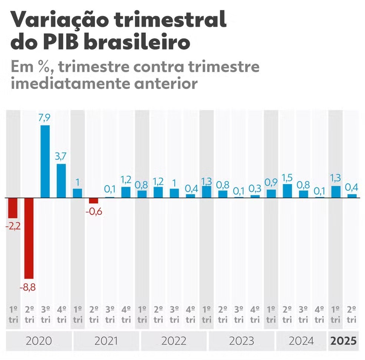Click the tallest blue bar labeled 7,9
(x=45, y=161)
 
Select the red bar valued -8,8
(x=29, y=238)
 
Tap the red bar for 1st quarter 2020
(x=13, y=208)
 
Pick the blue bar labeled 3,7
(x=61, y=181)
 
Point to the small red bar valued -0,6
(x=93, y=200)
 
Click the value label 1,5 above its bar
(x=287, y=177)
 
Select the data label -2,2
(x=13, y=226)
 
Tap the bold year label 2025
(x=343, y=341)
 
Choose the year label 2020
(x=39, y=341)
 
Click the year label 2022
(x=174, y=341)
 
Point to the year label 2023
(x=241, y=341)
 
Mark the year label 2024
(x=300, y=341)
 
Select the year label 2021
(x=106, y=341)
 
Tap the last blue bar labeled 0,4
(x=352, y=196)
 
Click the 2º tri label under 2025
(x=352, y=314)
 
